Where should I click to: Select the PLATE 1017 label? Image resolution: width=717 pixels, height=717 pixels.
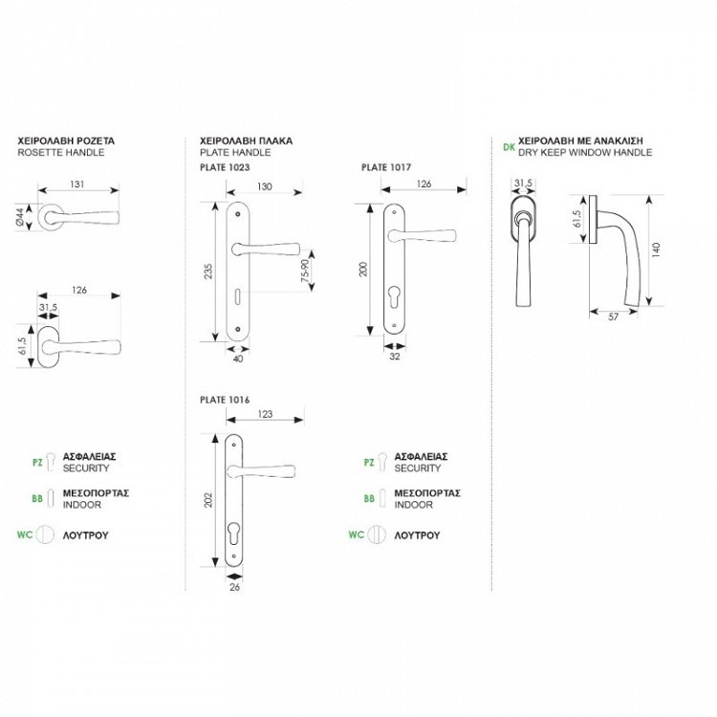tap(386, 167)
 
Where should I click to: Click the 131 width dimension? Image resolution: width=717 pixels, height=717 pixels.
tap(80, 185)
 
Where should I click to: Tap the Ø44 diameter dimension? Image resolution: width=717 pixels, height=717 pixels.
tap(20, 219)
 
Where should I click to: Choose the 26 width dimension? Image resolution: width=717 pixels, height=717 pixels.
tap(235, 590)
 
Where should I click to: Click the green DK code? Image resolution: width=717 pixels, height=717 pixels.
tap(508, 147)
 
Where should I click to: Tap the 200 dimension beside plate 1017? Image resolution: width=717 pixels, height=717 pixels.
tap(362, 270)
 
